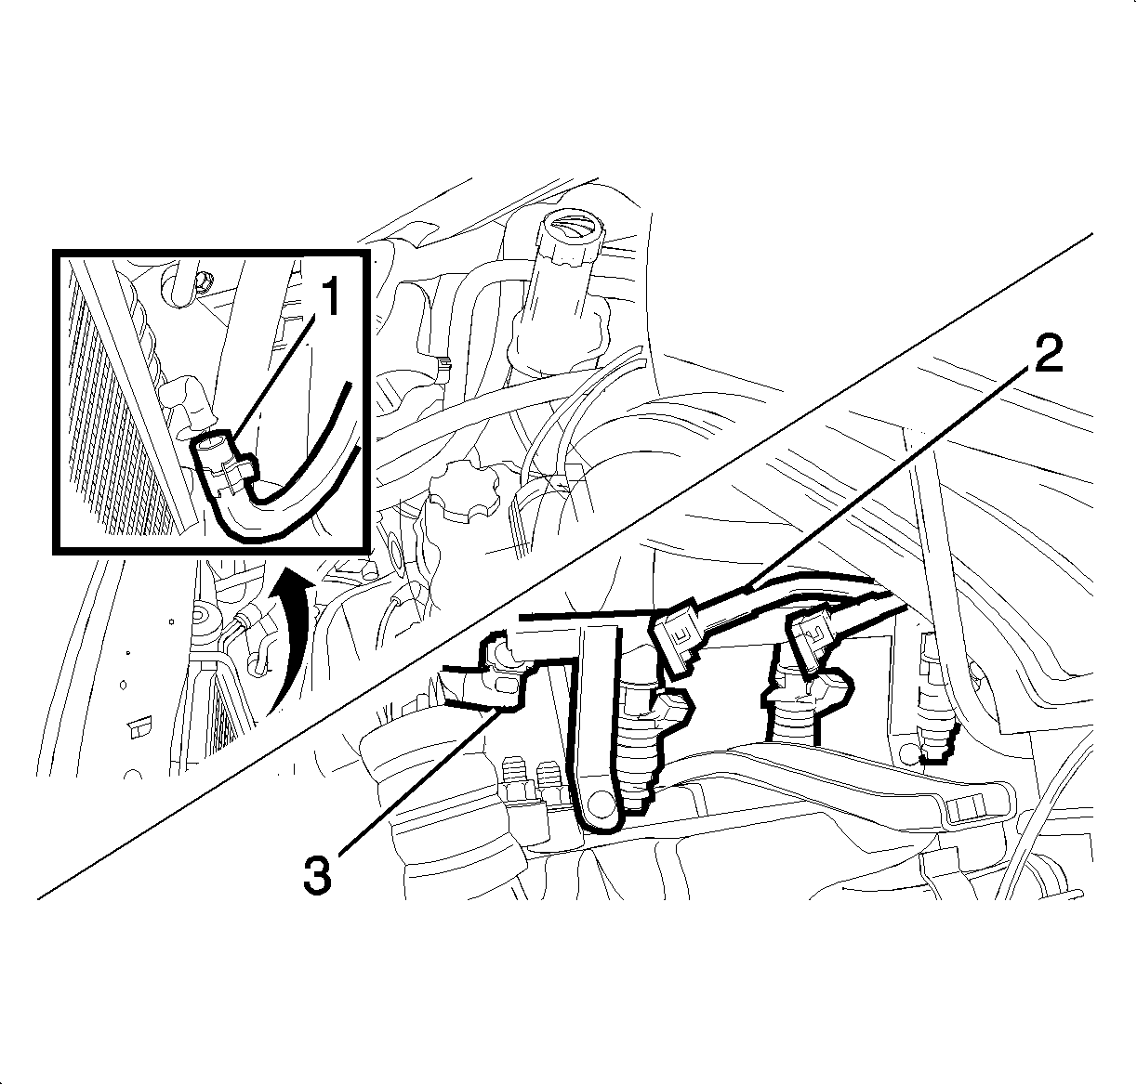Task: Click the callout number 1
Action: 330,296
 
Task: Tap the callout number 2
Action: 1048,354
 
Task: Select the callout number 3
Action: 317,873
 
